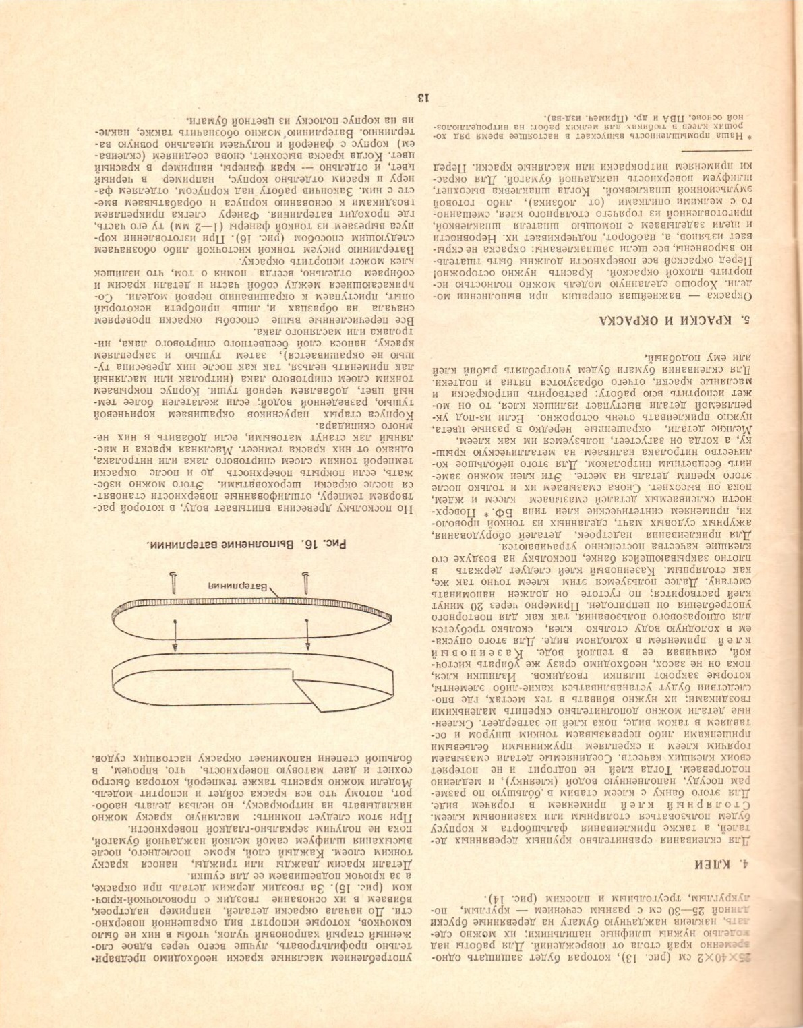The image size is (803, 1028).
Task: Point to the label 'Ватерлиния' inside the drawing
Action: pos(233,585)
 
